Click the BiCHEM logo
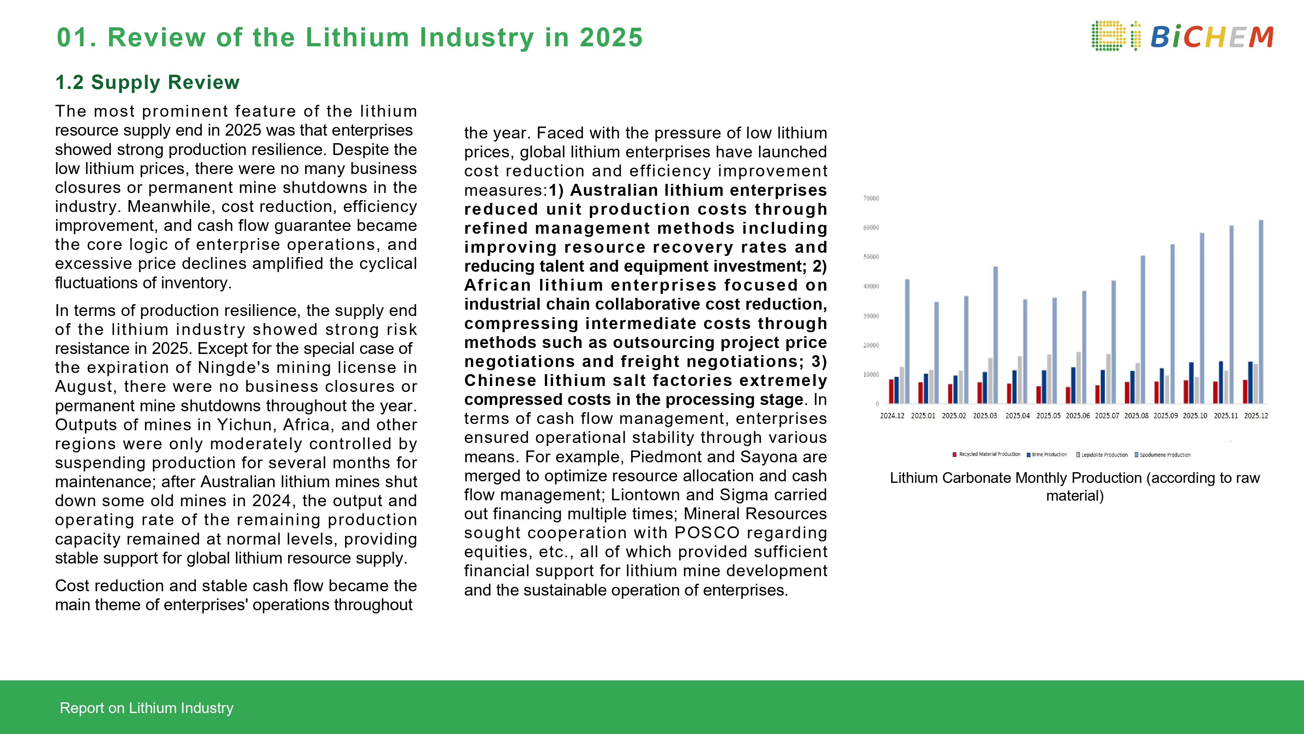click(x=1182, y=36)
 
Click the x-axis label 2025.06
click(x=1078, y=416)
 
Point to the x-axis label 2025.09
click(x=1166, y=416)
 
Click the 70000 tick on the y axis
click(x=871, y=199)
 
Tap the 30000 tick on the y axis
click(x=871, y=316)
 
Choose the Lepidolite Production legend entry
click(x=1104, y=454)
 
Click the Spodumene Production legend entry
click(x=1164, y=454)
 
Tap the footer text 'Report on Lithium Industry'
click(x=146, y=708)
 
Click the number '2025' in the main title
click(x=611, y=38)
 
